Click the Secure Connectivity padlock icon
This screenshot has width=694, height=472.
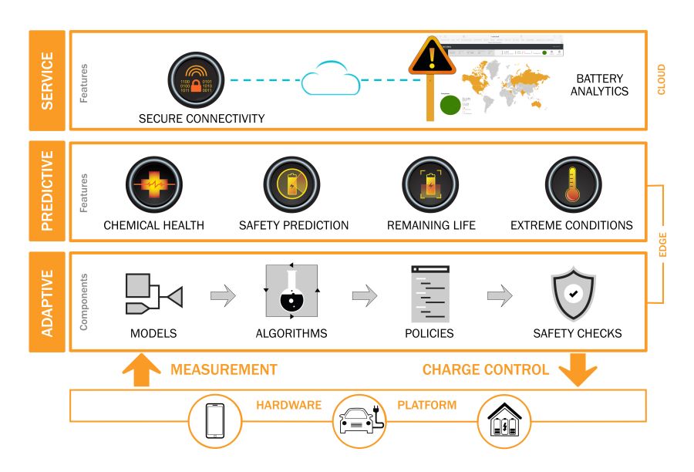[x=196, y=80]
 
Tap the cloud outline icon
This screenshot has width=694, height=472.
[x=331, y=81]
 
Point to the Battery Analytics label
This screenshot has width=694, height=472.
[x=603, y=85]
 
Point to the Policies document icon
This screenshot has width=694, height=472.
[x=430, y=293]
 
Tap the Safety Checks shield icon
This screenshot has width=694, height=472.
[x=572, y=293]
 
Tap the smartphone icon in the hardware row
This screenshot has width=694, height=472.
[x=217, y=421]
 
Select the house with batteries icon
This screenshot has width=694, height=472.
[x=504, y=421]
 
